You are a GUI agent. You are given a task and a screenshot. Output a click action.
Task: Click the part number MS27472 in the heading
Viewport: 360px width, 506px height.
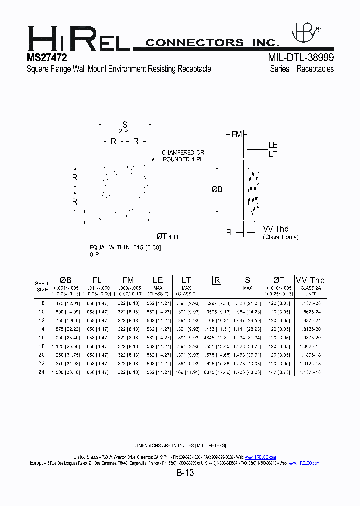[x=47, y=57]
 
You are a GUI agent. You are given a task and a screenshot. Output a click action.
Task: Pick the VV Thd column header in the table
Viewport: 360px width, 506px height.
[x=310, y=280]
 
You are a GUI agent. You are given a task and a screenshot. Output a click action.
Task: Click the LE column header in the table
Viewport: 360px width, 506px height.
[x=158, y=280]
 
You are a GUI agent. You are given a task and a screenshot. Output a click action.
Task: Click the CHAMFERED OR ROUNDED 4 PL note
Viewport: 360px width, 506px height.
[x=183, y=156]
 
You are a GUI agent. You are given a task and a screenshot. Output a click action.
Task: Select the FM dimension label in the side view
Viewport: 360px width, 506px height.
[x=236, y=134]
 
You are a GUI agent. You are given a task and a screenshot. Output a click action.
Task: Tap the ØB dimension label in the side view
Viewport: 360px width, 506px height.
[x=217, y=190]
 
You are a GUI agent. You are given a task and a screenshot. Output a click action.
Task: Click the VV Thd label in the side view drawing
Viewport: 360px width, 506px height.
[x=276, y=229]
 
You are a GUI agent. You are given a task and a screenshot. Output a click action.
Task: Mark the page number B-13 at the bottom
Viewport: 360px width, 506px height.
[x=184, y=473]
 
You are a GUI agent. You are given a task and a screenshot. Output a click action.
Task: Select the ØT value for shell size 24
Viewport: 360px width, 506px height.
[x=279, y=372]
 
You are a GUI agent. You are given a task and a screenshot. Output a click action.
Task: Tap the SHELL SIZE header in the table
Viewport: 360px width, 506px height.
[x=42, y=286]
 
